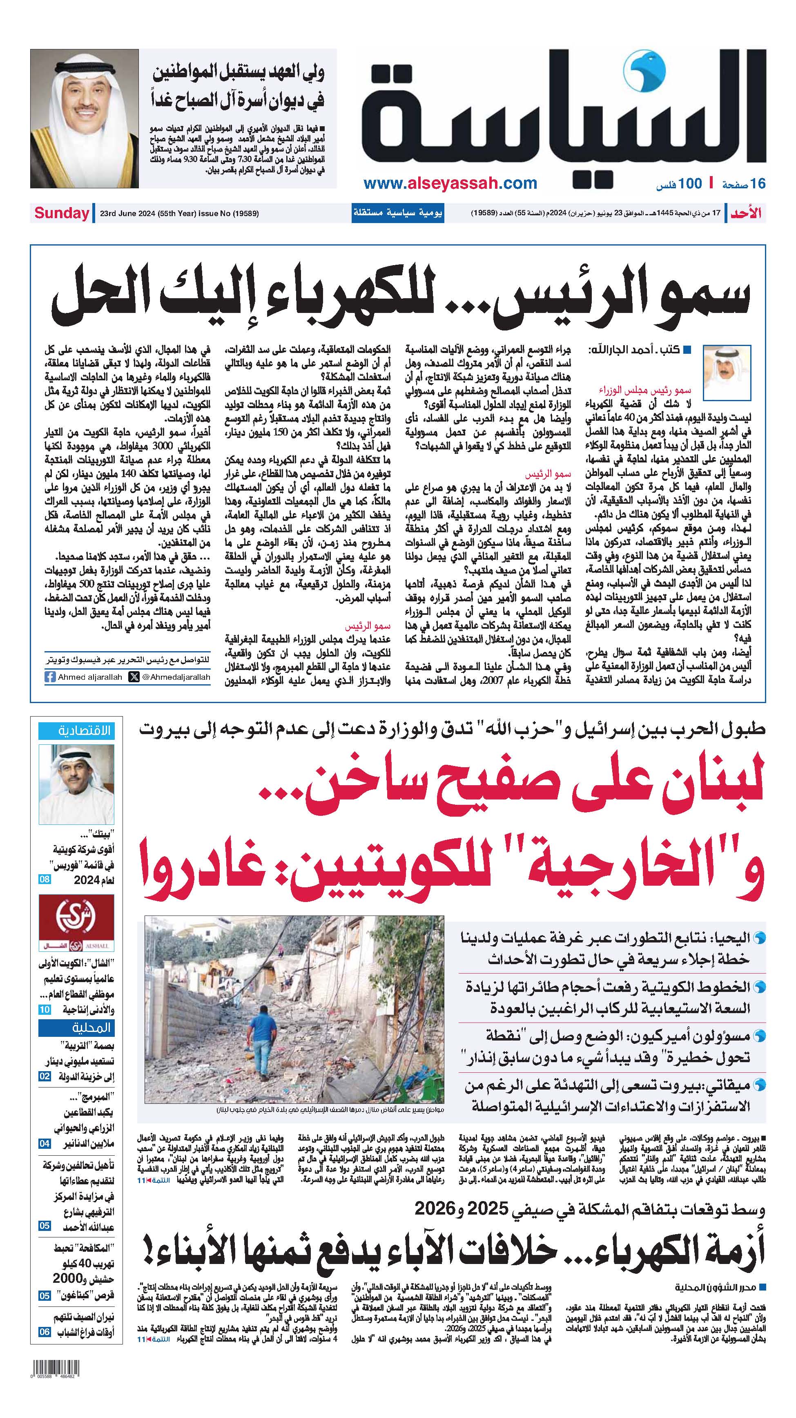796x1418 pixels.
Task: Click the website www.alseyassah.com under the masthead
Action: point(450,183)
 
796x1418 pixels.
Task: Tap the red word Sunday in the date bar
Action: point(62,214)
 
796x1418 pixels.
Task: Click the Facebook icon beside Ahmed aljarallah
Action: point(50,677)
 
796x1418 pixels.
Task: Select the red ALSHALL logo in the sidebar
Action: point(76,923)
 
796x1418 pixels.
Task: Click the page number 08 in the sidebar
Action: point(45,880)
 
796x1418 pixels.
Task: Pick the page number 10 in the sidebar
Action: point(45,1009)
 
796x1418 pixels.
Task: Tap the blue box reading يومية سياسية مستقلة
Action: point(397,214)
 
